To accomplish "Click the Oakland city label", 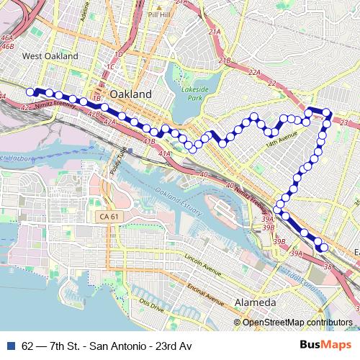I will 131,94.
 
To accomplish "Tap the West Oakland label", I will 50,55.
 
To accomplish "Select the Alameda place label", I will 256,301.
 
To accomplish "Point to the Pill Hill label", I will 158,13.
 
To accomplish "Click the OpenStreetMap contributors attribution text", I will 297,322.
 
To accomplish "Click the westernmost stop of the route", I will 30,91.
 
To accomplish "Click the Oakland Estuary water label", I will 177,197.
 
